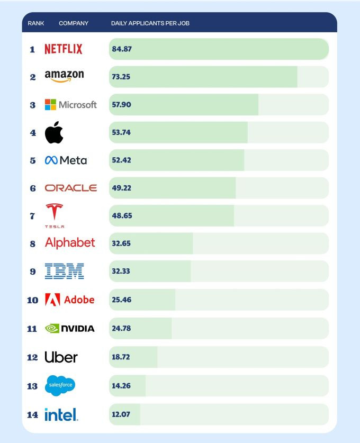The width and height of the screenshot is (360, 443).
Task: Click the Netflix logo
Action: point(64,49)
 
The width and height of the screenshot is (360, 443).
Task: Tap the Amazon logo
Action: point(64,76)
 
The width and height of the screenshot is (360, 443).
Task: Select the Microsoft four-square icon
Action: point(50,104)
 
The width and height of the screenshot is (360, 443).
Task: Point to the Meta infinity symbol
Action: point(51,160)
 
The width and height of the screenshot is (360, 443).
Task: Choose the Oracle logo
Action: point(71,188)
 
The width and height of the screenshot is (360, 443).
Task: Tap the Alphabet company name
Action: point(70,243)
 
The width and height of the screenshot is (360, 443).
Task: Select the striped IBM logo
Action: point(64,271)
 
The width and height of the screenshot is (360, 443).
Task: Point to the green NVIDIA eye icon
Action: point(52,328)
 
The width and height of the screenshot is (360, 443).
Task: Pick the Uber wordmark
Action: point(61,357)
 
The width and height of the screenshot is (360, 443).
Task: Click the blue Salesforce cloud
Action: point(60,385)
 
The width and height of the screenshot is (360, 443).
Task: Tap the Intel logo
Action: point(61,414)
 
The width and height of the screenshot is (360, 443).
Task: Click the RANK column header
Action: point(36,23)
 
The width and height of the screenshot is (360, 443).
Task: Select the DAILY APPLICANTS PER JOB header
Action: point(150,23)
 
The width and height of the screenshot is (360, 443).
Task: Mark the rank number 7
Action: point(33,216)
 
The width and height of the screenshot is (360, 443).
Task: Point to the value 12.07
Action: point(121,414)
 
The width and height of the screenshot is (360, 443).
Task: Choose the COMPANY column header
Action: point(74,23)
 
